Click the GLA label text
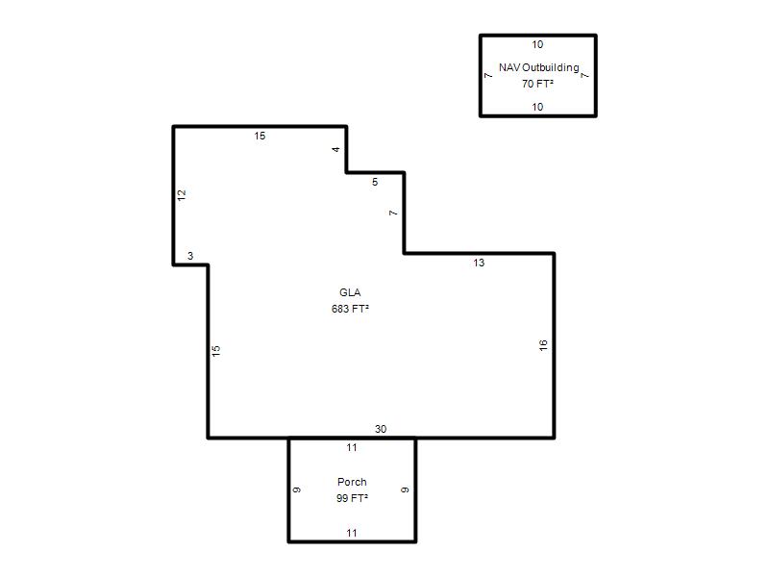[350, 292]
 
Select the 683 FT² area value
[350, 309]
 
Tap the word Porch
[352, 482]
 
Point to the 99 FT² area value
[352, 498]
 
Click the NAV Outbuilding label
[539, 67]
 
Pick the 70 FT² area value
[537, 84]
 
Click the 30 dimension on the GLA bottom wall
[381, 429]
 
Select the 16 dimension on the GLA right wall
[543, 345]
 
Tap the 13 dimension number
[479, 263]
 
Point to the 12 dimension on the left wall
[182, 195]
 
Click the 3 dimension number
[190, 256]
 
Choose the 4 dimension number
[335, 149]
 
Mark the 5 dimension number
[375, 182]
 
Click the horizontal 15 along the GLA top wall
[260, 136]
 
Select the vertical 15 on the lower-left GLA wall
[215, 351]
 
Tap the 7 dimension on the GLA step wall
[393, 213]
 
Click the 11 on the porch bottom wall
[352, 533]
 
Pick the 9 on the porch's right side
[405, 489]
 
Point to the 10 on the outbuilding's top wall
[537, 44]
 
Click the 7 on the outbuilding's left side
[488, 76]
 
